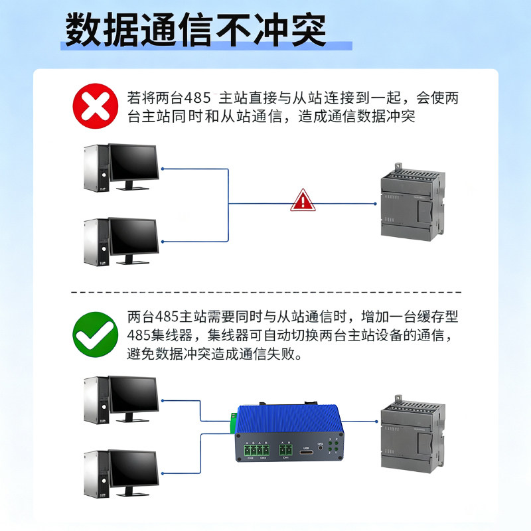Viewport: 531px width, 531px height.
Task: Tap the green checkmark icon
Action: pos(95,335)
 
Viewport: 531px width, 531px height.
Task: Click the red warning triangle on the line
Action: pos(303,200)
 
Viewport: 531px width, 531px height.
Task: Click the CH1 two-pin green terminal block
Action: pos(285,449)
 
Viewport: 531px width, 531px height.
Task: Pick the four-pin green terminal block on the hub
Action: pos(256,449)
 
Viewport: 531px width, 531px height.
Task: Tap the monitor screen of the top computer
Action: pos(133,163)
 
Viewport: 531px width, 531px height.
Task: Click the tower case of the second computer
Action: pos(96,243)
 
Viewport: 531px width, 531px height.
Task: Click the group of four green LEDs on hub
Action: pos(335,448)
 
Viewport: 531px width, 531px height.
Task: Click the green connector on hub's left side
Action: pos(234,421)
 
